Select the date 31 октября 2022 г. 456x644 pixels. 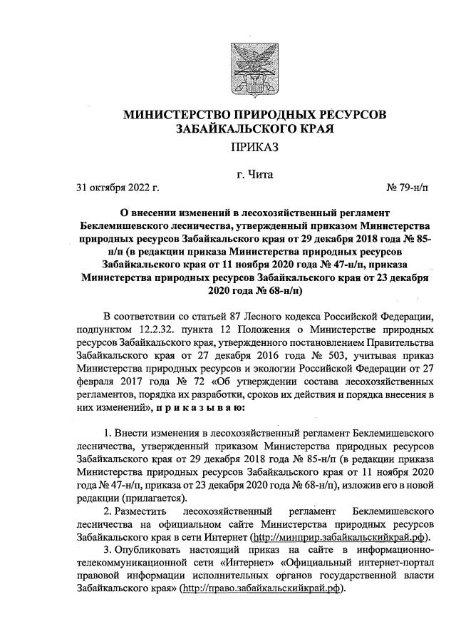(x=118, y=188)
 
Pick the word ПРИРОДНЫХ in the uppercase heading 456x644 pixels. (x=281, y=115)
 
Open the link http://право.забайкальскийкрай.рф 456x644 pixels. (x=262, y=590)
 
